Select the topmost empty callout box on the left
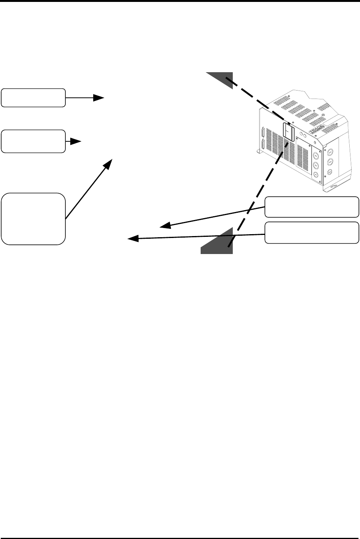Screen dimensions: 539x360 click(x=33, y=97)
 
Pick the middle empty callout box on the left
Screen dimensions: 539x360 click(x=33, y=141)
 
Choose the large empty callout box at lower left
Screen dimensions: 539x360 click(x=33, y=219)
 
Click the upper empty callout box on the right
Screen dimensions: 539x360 click(x=312, y=206)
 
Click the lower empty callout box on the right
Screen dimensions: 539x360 click(x=312, y=232)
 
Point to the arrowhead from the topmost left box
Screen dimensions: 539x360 click(x=99, y=98)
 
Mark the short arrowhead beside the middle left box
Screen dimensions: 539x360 click(x=77, y=141)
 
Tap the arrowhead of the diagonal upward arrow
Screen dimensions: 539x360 click(x=109, y=164)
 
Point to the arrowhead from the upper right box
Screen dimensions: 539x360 click(x=164, y=225)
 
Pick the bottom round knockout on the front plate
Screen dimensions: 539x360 click(x=316, y=175)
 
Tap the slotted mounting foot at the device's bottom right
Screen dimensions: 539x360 click(x=331, y=187)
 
